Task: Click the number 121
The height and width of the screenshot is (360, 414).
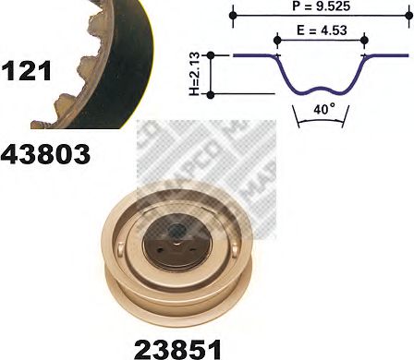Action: (28, 70)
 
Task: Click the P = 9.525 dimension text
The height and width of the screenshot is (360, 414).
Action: (314, 6)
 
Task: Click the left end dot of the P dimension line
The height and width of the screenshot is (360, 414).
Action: (235, 16)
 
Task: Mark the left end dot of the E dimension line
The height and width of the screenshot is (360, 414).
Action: (276, 38)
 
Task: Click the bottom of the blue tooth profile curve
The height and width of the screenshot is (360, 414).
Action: (321, 90)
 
